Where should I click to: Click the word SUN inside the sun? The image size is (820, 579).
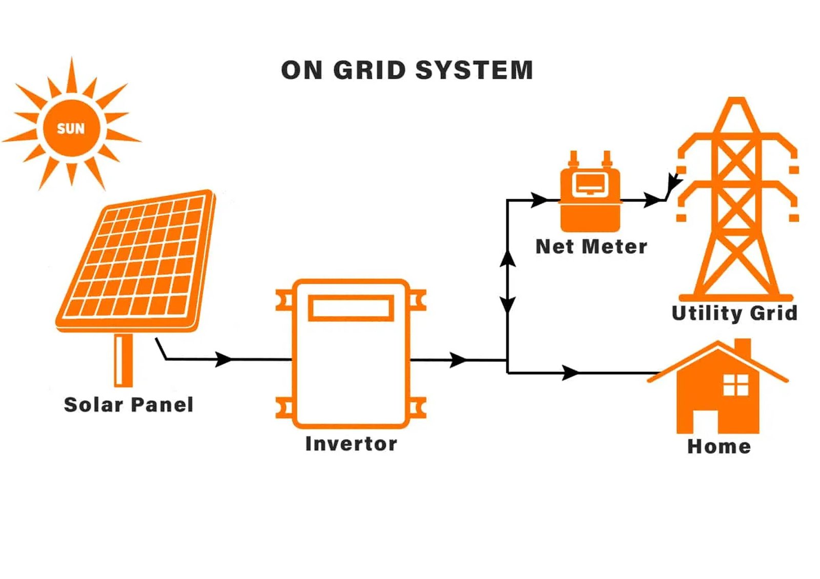(71, 128)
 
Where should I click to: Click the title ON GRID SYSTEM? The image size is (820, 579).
(407, 70)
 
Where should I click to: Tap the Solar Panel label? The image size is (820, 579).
(129, 404)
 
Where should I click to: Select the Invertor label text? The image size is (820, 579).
(351, 444)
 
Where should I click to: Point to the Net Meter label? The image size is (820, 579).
(591, 247)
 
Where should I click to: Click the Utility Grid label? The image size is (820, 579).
(734, 313)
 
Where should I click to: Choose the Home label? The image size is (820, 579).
(719, 446)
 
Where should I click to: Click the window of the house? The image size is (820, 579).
(735, 385)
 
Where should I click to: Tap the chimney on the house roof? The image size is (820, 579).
(743, 348)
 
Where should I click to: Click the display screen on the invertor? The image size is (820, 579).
(351, 308)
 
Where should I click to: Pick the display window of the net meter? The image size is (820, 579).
(590, 183)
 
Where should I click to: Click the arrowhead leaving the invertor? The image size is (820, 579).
(458, 360)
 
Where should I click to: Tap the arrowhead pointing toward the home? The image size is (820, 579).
(570, 373)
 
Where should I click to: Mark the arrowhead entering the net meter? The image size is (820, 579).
(539, 200)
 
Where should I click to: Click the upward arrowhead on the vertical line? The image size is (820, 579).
(507, 259)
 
